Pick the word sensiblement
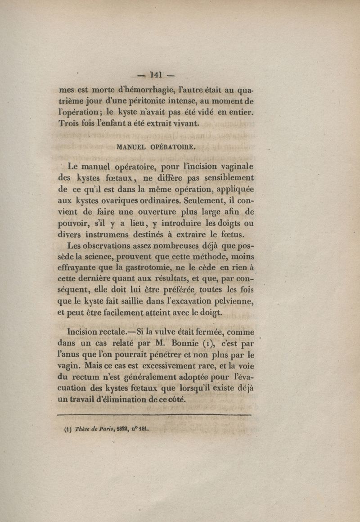pos(225,177)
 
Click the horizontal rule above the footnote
pos(155,414)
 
